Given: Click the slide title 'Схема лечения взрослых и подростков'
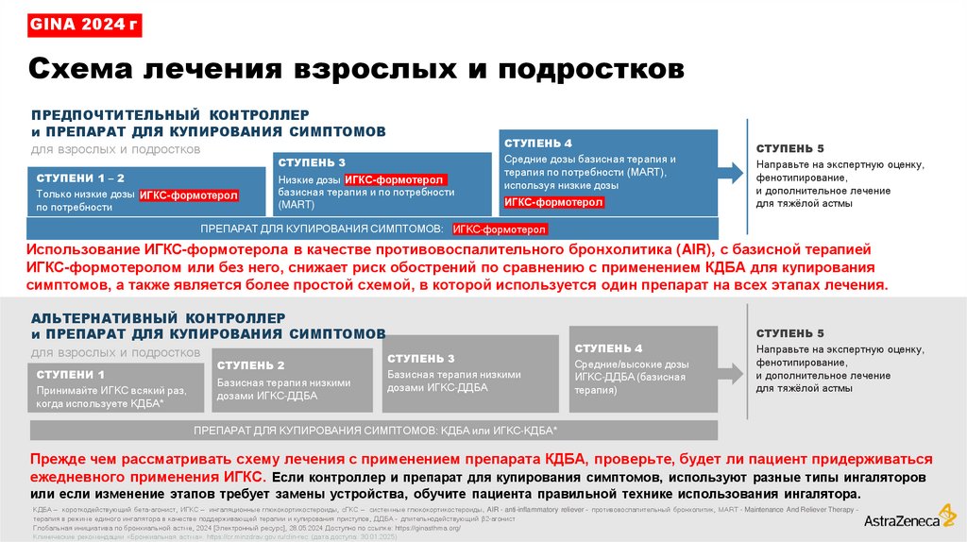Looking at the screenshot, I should click(x=354, y=69).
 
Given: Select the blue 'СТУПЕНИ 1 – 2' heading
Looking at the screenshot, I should click(x=80, y=178).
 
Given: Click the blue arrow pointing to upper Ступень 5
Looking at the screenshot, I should click(x=729, y=172).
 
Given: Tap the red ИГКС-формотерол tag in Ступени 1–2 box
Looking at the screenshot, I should click(x=189, y=196).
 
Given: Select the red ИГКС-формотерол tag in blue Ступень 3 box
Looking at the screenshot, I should click(x=395, y=179).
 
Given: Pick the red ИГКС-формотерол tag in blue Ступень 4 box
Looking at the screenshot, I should click(x=554, y=202).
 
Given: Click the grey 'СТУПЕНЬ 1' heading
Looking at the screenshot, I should click(x=71, y=375).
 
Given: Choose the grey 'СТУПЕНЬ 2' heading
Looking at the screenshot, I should click(x=251, y=364).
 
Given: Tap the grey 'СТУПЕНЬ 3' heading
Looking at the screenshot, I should click(x=421, y=359).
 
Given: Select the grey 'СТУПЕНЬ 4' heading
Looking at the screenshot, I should click(x=608, y=348).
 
